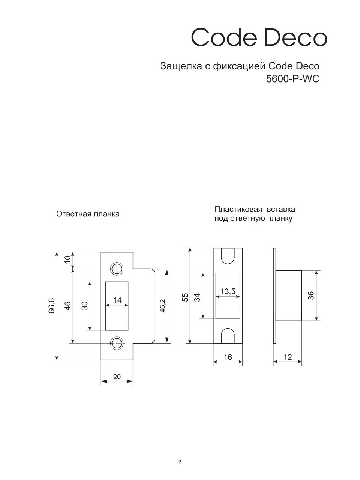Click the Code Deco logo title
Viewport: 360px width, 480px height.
259,37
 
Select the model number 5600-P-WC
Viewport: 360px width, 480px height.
292,79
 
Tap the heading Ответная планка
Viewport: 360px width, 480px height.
88,214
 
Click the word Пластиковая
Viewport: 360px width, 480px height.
238,209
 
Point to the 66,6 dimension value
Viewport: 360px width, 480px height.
52,306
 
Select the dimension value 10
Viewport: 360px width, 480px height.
68,259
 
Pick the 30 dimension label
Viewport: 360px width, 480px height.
85,306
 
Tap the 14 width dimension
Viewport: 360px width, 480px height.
117,300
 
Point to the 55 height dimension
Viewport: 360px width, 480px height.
185,297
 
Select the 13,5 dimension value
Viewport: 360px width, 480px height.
228,291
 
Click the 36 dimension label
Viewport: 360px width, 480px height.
311,295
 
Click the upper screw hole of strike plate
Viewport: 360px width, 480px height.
117,268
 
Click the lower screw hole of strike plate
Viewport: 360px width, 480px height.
117,343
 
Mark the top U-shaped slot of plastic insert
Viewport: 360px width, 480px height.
228,256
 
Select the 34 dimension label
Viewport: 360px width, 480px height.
197,297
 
